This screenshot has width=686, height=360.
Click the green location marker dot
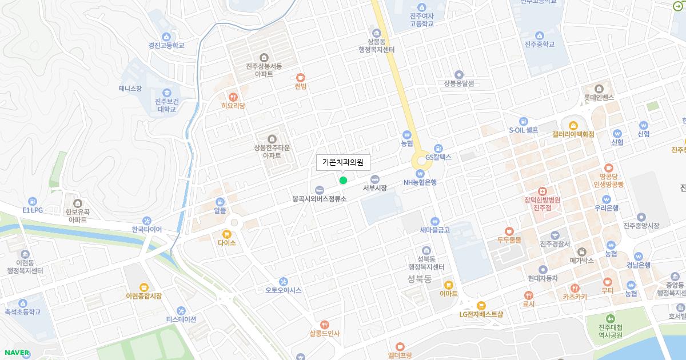(343, 180)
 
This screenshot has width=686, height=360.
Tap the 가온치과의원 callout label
(343, 162)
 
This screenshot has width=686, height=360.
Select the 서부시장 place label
(375, 187)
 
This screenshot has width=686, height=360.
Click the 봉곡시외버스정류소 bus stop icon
(320, 190)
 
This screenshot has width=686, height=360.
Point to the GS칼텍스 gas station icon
(438, 148)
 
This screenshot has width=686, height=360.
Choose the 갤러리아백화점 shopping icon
(573, 125)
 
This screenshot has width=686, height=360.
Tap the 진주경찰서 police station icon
(555, 235)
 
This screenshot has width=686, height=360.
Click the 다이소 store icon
(227, 234)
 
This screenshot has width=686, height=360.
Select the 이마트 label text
(449, 294)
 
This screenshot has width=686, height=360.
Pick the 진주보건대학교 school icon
(167, 93)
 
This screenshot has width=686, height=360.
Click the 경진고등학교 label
(166, 45)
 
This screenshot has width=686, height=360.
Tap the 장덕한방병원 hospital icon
(542, 191)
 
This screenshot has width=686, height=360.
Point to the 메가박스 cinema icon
(582, 251)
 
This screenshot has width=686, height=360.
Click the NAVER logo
(17, 353)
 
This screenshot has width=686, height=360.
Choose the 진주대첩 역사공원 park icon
(610, 318)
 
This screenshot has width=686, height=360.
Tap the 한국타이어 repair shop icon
(147, 221)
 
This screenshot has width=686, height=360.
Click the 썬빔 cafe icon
(301, 77)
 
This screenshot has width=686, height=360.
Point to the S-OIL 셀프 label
(524, 130)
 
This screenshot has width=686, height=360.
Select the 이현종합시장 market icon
(144, 287)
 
